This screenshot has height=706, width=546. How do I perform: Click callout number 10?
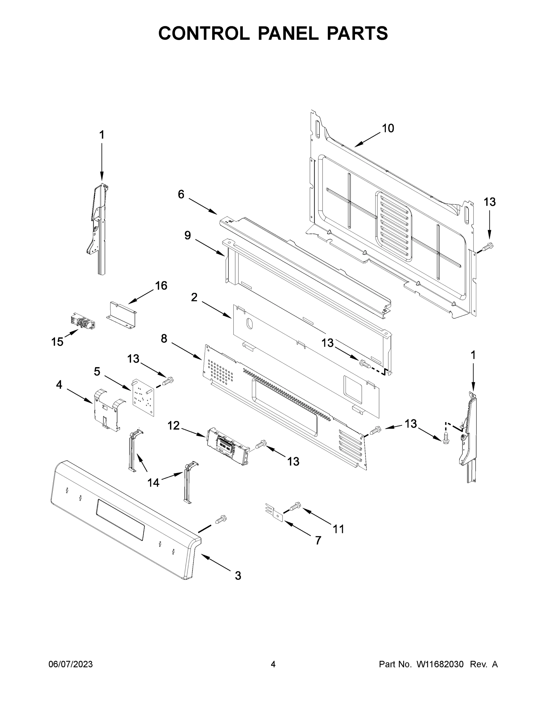coord(388,128)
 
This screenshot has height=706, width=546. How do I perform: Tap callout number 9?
coord(187,235)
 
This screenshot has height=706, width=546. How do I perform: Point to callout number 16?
coord(161,285)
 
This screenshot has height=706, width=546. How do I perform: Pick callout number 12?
coord(173,425)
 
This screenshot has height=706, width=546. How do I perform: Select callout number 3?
coord(238,576)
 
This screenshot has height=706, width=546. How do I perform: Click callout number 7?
coord(318,540)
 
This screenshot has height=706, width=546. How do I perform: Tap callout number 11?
coord(339,529)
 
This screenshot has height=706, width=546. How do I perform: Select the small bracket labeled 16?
coord(122,314)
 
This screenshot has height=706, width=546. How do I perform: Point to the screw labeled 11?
coord(295,506)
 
